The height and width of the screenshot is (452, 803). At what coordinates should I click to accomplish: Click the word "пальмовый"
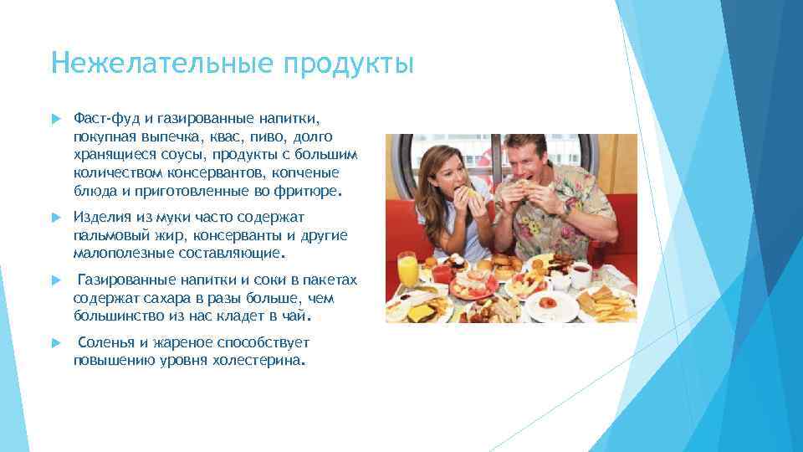(110, 234)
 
